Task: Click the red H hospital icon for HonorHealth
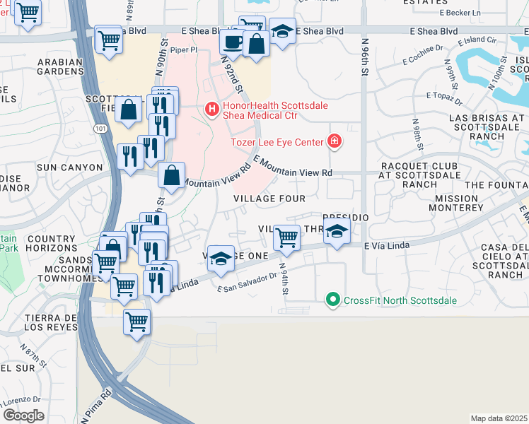click(x=211, y=109)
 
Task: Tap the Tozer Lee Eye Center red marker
click(x=335, y=142)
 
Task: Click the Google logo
click(x=23, y=416)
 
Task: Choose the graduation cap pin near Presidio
click(x=337, y=231)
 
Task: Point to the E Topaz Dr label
click(x=444, y=95)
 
